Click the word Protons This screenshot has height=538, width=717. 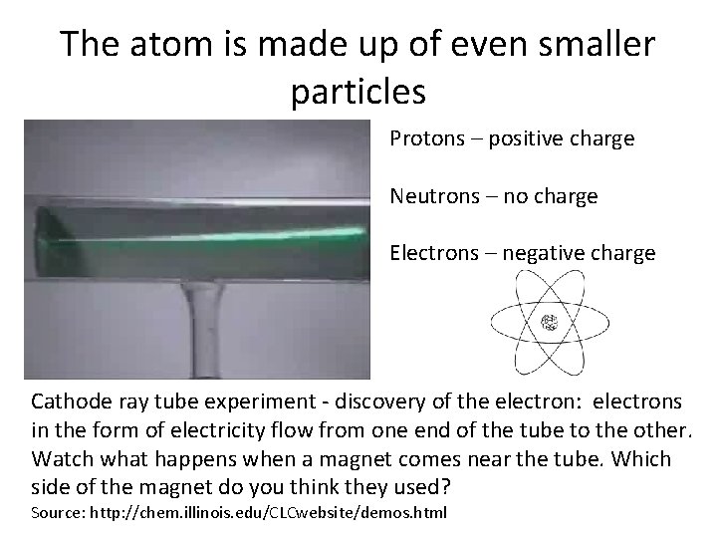(426, 138)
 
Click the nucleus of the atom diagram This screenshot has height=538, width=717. (548, 323)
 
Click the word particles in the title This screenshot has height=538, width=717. (358, 92)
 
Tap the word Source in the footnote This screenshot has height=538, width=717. (56, 513)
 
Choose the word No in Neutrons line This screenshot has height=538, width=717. (515, 196)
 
